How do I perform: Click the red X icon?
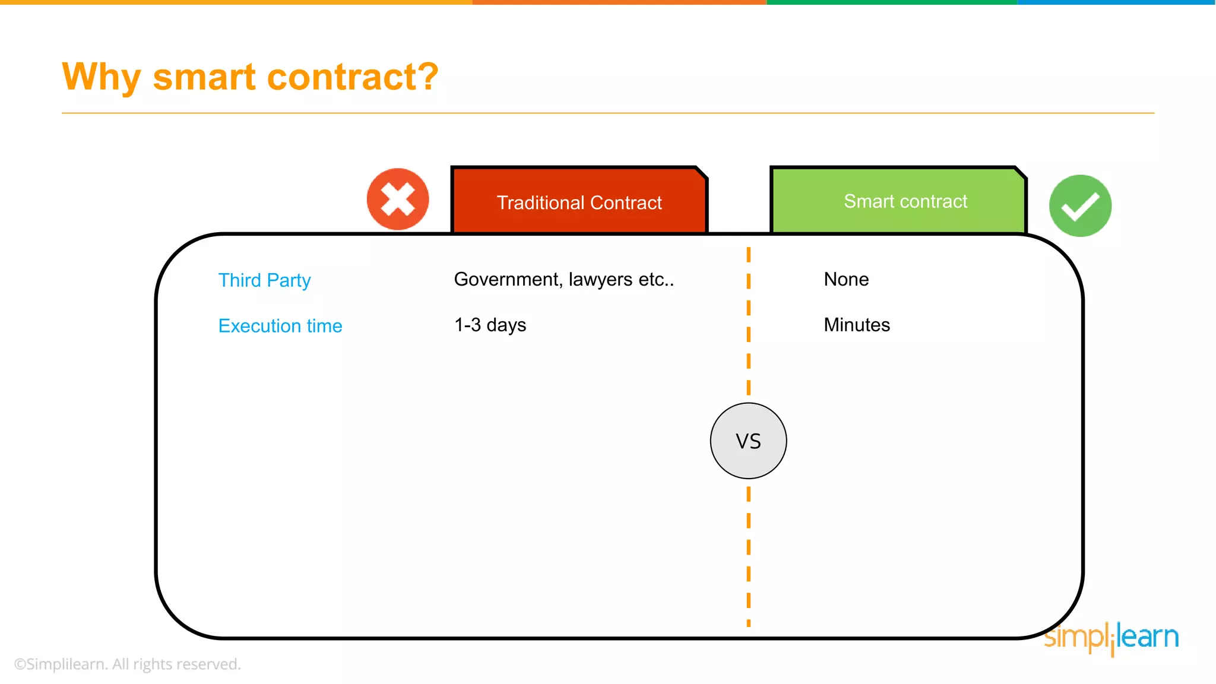point(398,199)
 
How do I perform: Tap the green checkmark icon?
point(1080,206)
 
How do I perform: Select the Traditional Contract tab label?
point(579,202)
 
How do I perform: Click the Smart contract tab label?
point(905,201)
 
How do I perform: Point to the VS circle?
point(748,441)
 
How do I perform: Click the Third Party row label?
point(264,280)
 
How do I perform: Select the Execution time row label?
point(280,326)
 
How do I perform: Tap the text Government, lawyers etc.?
point(563,279)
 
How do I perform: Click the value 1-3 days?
point(490,325)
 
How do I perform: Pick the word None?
point(846,279)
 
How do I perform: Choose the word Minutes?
point(857,325)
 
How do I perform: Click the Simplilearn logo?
point(1111,638)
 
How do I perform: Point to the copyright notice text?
point(127,664)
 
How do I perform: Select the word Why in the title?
point(101,78)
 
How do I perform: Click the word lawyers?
point(600,280)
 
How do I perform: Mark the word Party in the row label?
point(289,280)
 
